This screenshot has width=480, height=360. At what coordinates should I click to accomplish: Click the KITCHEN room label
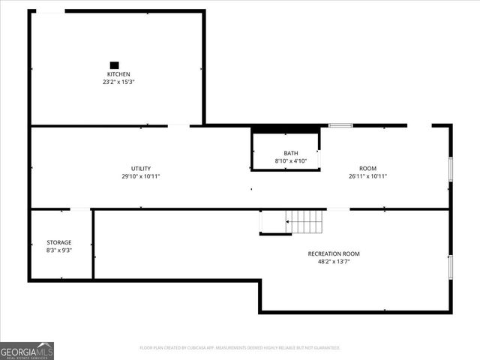tap(118, 74)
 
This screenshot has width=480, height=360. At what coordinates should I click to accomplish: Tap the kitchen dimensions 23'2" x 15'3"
tap(118, 82)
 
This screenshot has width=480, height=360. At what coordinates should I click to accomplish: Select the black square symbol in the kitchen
tap(115, 65)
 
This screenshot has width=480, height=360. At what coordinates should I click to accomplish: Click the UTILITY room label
tap(141, 168)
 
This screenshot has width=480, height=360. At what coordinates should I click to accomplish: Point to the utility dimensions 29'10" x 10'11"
tap(141, 176)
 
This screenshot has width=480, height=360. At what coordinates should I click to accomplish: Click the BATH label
tap(290, 153)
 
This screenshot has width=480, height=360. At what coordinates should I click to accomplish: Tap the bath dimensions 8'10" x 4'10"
tap(290, 160)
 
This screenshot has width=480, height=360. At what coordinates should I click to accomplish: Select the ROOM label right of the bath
tap(367, 168)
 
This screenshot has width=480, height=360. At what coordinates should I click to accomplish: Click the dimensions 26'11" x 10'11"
tap(367, 176)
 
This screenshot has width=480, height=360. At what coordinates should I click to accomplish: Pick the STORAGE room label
tap(59, 242)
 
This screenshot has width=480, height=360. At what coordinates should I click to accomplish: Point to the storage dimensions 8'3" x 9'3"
tap(59, 250)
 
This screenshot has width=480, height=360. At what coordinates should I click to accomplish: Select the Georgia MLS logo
tap(27, 350)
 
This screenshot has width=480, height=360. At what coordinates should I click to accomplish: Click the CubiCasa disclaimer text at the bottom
tap(240, 348)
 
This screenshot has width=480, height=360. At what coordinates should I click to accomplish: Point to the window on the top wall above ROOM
tap(340, 125)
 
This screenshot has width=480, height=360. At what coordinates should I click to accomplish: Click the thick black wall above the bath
tap(285, 129)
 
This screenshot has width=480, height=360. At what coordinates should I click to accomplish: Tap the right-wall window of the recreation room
tap(450, 267)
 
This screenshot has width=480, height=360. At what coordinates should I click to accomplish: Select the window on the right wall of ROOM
tap(450, 169)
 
